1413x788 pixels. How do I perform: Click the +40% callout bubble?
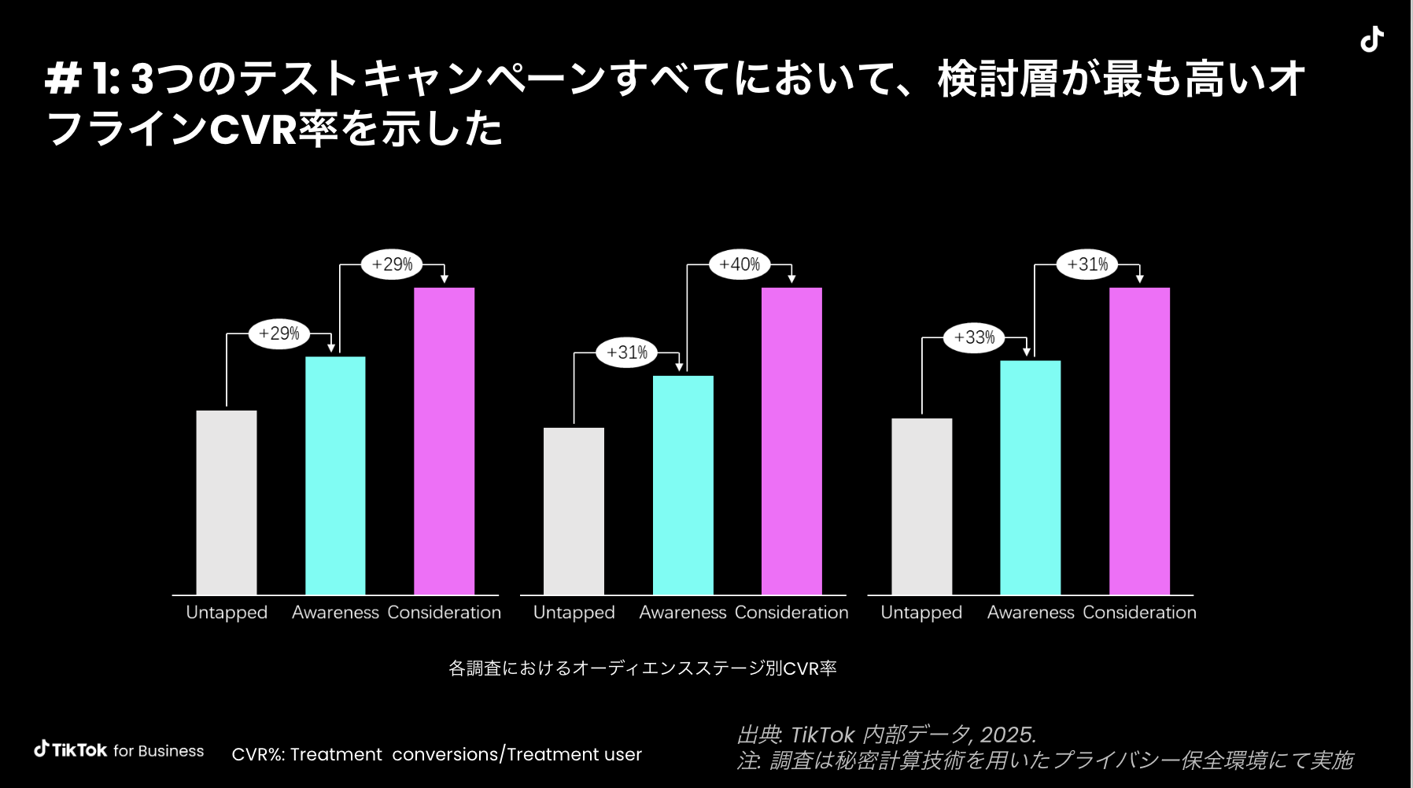pyautogui.click(x=740, y=264)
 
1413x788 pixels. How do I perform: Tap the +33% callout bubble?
pyautogui.click(x=974, y=337)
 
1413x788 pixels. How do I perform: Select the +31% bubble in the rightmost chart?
pyautogui.click(x=1087, y=264)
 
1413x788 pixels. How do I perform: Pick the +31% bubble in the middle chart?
pyautogui.click(x=627, y=352)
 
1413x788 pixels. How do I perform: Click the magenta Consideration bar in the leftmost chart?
pyautogui.click(x=445, y=440)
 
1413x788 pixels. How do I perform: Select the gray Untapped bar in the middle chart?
pyautogui.click(x=574, y=511)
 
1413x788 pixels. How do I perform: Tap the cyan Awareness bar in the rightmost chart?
pyautogui.click(x=1030, y=477)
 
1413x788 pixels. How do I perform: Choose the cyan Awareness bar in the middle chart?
pyautogui.click(x=683, y=484)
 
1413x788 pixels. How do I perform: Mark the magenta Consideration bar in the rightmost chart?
pyautogui.click(x=1139, y=440)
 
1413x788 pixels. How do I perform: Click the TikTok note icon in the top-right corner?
pyautogui.click(x=1372, y=39)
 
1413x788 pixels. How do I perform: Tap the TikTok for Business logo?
pyautogui.click(x=119, y=750)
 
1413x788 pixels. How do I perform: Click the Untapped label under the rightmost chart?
pyautogui.click(x=921, y=613)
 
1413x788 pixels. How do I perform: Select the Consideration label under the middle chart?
pyautogui.click(x=791, y=613)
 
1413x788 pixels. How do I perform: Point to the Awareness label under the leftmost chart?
pyautogui.click(x=335, y=613)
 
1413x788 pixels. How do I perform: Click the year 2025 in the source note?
pyautogui.click(x=1007, y=735)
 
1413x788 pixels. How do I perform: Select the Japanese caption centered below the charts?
pyautogui.click(x=642, y=668)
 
